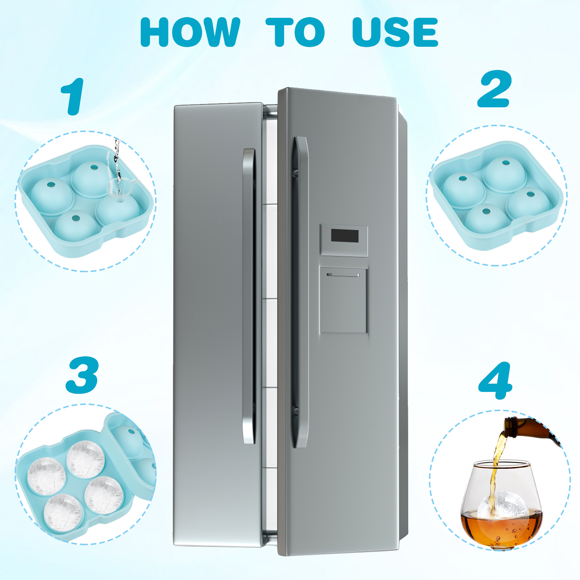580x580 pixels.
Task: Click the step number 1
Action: [x=73, y=96]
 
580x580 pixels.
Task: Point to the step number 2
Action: [x=494, y=89]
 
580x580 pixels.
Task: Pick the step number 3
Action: [x=82, y=375]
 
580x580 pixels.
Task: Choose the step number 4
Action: [x=496, y=381]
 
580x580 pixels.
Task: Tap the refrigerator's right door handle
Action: [x=300, y=292]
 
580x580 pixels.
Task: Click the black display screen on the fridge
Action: [x=344, y=236]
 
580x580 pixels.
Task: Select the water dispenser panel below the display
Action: [x=343, y=300]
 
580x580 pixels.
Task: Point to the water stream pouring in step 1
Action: [x=117, y=163]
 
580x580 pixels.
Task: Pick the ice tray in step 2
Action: [x=497, y=196]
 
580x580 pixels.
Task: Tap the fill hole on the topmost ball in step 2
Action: [x=506, y=162]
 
